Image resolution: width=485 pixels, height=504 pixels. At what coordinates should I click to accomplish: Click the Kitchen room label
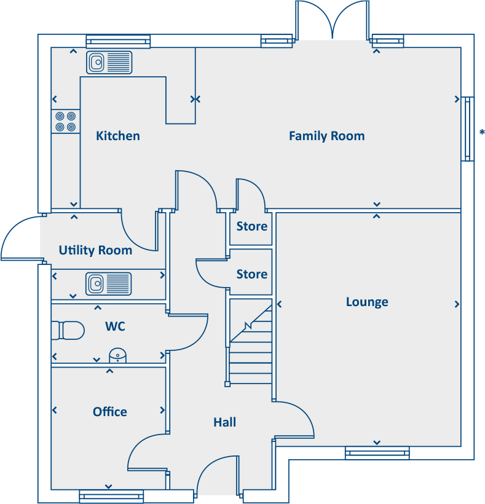(118, 136)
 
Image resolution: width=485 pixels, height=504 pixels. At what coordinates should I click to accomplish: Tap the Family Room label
(326, 136)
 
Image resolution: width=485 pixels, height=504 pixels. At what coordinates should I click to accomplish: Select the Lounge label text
(367, 302)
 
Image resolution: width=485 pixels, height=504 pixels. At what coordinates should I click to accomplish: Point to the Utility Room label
(95, 250)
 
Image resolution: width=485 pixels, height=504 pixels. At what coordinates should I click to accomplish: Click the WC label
(115, 326)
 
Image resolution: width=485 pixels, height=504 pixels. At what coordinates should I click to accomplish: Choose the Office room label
(110, 412)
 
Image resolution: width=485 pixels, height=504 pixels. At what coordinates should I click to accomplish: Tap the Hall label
(224, 422)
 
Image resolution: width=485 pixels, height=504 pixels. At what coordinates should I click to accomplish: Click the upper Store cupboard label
(252, 226)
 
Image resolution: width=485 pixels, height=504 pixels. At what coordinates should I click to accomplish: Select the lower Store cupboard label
(252, 274)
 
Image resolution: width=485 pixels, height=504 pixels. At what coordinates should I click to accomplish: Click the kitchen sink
(109, 62)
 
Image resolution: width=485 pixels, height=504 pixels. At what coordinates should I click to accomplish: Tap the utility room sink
(109, 283)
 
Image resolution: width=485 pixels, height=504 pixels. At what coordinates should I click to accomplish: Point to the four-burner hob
(65, 121)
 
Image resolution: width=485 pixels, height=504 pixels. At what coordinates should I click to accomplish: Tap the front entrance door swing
(216, 476)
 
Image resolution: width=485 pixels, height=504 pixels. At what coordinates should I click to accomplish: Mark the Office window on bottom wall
(111, 496)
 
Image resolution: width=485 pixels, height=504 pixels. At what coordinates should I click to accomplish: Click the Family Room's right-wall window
(468, 128)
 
